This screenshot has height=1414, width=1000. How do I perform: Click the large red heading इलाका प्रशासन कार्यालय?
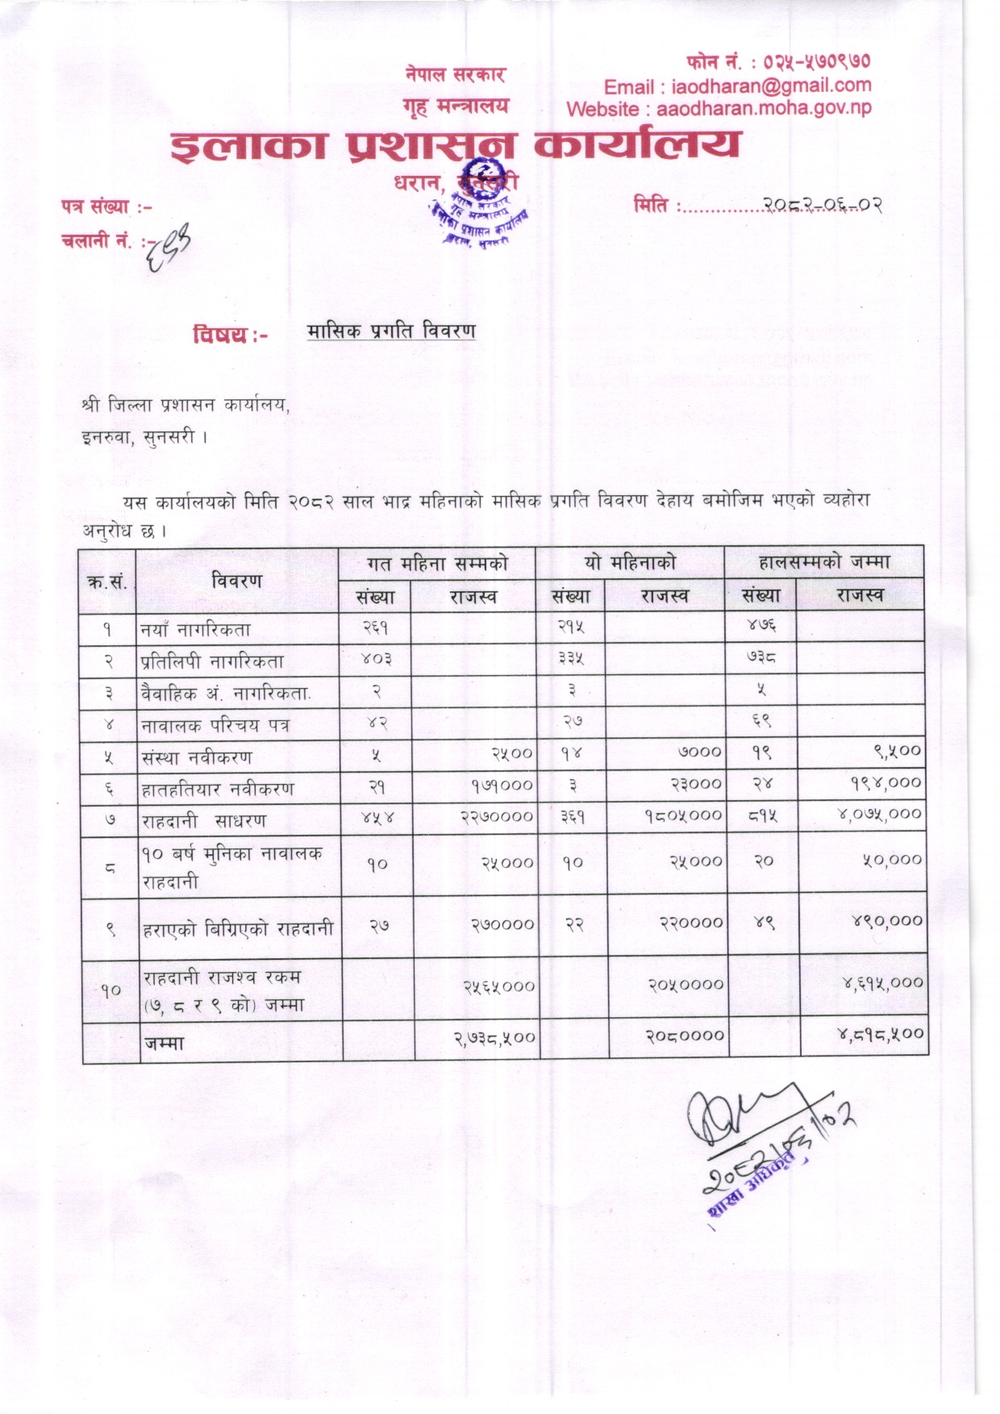point(455,146)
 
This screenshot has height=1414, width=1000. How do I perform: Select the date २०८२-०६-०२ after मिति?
point(823,205)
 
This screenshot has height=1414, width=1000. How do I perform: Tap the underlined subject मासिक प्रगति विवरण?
point(391,331)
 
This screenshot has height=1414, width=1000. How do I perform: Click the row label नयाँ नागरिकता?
point(196,629)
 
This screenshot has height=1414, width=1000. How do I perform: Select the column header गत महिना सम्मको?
point(437,564)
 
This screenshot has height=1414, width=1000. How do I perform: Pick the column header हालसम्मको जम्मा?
point(824,562)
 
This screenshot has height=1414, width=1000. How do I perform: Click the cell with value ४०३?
point(376,660)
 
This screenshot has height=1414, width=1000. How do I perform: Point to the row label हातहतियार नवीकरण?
point(218,789)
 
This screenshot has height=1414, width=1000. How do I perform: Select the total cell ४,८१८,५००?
point(880,1034)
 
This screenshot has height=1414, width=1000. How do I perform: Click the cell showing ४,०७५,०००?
point(880,814)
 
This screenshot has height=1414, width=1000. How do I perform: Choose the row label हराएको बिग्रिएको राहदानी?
point(238,928)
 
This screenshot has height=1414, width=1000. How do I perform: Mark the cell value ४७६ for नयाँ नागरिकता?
point(761,626)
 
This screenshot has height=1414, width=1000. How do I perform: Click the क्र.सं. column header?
point(107,581)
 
